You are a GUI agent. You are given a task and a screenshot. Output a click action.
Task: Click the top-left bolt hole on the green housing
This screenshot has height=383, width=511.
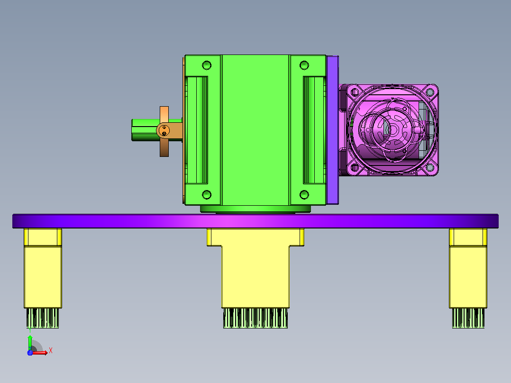tap(207, 65)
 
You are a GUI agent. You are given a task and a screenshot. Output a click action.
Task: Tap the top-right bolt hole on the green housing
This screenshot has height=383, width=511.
tap(304, 65)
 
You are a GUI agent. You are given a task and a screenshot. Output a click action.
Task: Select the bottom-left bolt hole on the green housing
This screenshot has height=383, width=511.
tap(207, 195)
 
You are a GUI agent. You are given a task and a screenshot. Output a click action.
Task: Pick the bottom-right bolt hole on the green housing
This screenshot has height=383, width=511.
tap(304, 195)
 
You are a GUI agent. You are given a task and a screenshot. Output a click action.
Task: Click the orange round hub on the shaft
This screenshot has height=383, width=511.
tap(164, 131)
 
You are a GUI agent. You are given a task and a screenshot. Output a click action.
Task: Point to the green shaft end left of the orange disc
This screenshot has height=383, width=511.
tap(146, 130)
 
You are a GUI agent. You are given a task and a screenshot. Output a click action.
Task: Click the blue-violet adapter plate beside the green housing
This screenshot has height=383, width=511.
tap(333, 130)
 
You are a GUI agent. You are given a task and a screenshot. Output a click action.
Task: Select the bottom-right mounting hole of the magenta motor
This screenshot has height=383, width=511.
tap(430, 167)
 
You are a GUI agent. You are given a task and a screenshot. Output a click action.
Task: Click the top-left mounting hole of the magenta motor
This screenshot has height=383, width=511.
tap(354, 91)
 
